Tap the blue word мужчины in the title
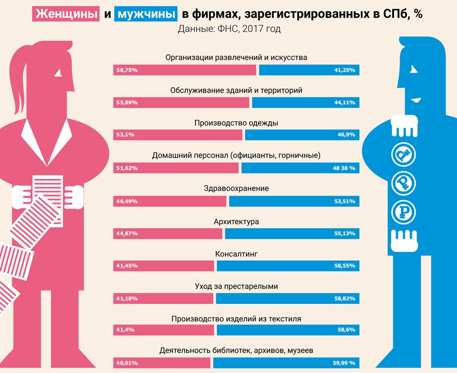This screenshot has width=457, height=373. (146, 14)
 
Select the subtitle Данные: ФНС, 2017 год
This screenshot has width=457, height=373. (229, 29)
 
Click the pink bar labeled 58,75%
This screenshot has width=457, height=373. (185, 70)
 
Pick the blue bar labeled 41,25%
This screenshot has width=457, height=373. (309, 70)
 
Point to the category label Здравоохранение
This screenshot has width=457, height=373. (236, 188)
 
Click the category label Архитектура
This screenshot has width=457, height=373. (236, 221)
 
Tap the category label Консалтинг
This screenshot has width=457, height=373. (236, 254)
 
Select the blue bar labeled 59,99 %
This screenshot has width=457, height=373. (286, 363)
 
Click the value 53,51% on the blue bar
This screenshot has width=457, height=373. (344, 201)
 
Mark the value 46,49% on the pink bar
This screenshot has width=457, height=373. (127, 201)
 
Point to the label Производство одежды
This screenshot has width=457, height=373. (236, 123)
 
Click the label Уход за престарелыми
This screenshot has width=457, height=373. (236, 286)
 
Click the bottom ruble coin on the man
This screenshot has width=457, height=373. (403, 212)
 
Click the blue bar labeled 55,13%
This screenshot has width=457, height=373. (292, 233)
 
